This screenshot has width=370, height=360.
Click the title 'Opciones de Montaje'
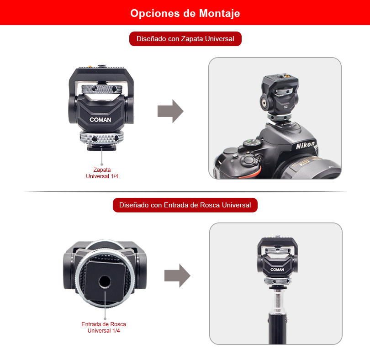click(x=185, y=13)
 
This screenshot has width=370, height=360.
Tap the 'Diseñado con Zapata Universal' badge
click(x=185, y=39)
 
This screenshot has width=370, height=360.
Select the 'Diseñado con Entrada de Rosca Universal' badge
click(x=185, y=205)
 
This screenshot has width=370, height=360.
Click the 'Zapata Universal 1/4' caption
click(x=102, y=173)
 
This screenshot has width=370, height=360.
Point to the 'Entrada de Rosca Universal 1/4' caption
click(x=104, y=328)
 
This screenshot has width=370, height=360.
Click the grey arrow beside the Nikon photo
click(x=170, y=111)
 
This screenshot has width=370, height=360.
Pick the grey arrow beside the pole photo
click(x=177, y=275)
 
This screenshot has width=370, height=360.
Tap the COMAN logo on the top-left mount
click(x=100, y=120)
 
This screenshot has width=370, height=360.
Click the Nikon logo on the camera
click(x=305, y=145)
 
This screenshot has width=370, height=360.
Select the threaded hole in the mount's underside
click(x=105, y=281)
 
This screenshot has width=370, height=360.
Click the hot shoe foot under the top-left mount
click(x=101, y=148)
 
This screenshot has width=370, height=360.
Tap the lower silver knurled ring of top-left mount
click(x=102, y=137)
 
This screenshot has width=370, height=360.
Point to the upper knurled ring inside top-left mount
click(x=102, y=89)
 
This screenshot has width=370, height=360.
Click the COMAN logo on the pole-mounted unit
click(x=277, y=270)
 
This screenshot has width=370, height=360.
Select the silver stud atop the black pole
click(x=278, y=300)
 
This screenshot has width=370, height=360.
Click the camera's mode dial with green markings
click(x=252, y=143)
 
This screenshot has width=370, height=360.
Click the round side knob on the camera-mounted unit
click(x=264, y=103)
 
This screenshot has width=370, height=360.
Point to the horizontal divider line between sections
click(x=185, y=192)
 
